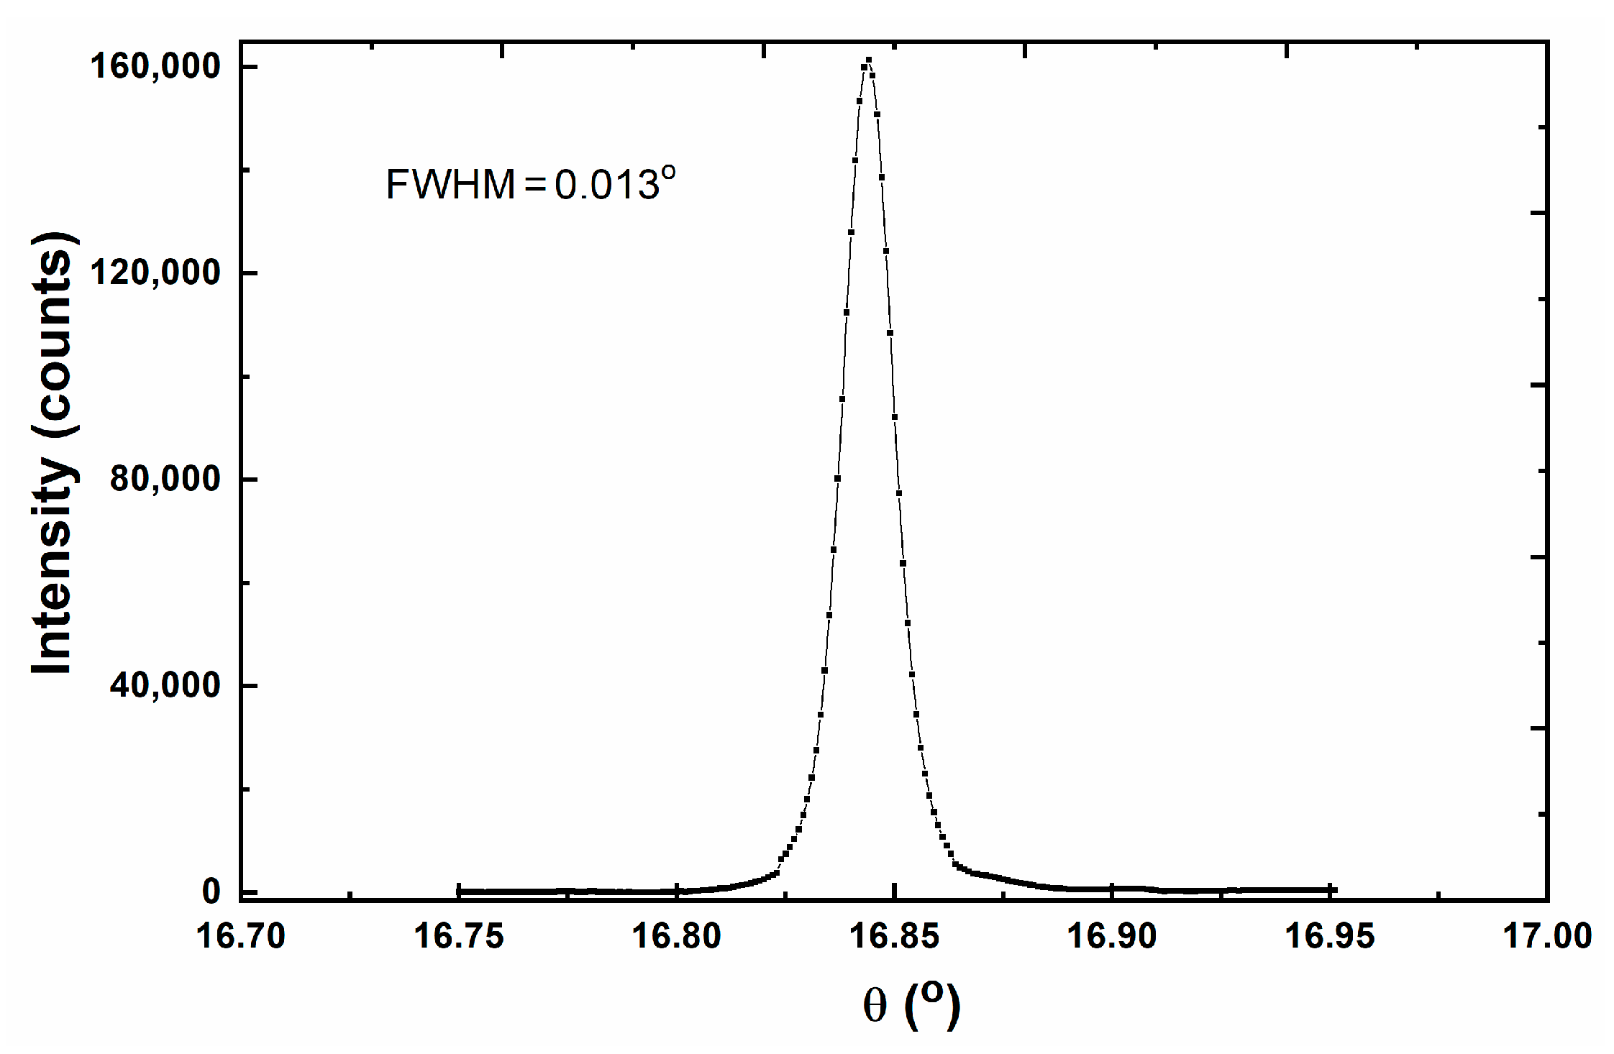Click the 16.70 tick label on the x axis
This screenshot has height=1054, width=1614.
click(x=240, y=937)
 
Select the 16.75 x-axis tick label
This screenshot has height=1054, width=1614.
click(x=458, y=937)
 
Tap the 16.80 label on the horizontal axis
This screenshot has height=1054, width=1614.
click(x=676, y=937)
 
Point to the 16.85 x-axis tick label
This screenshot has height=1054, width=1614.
click(x=894, y=937)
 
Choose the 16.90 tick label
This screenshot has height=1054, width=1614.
click(x=1111, y=937)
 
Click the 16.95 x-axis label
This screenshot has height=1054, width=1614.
click(x=1329, y=937)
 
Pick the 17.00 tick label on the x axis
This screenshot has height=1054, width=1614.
click(x=1547, y=937)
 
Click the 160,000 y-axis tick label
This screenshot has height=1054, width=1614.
click(x=155, y=66)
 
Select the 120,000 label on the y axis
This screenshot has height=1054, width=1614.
click(x=155, y=272)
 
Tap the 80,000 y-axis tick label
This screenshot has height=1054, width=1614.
click(x=165, y=479)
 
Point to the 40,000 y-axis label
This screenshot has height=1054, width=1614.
click(x=165, y=685)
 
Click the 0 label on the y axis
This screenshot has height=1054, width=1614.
click(x=211, y=892)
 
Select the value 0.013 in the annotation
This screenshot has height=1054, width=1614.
click(x=607, y=185)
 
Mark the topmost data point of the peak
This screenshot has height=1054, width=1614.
click(x=869, y=60)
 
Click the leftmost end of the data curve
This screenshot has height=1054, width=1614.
click(x=459, y=892)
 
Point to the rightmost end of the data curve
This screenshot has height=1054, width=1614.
click(x=1333, y=889)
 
